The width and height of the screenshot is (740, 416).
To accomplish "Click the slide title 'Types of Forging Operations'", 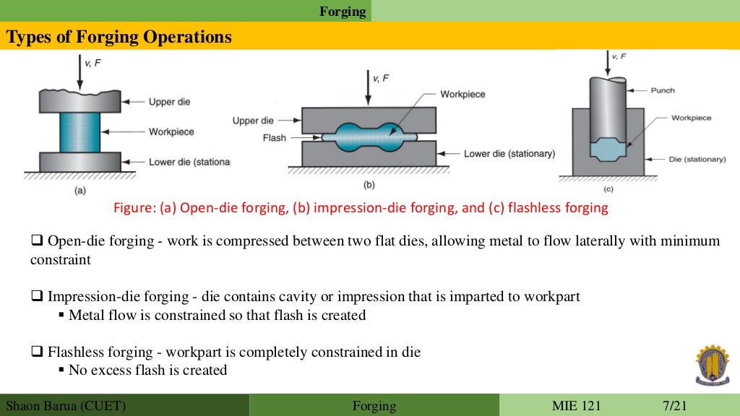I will pos(119,37).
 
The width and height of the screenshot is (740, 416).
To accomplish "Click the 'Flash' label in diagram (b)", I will pos(274,137).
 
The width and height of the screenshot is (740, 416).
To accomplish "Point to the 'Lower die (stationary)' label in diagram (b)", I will pos(509,153).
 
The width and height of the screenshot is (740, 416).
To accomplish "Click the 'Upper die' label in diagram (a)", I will pos(169,102).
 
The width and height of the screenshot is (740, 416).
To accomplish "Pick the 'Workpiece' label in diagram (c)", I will pos(691,118).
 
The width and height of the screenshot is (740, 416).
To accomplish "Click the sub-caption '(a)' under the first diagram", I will pos(79,191).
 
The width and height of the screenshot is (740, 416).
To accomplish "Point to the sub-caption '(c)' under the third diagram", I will pos(608,190).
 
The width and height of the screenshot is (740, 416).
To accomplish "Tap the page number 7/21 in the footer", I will pos(676,405).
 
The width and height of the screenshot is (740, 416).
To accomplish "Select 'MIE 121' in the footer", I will pos(576,405).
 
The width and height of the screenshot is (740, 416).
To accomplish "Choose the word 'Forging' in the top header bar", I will pos(343,12).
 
